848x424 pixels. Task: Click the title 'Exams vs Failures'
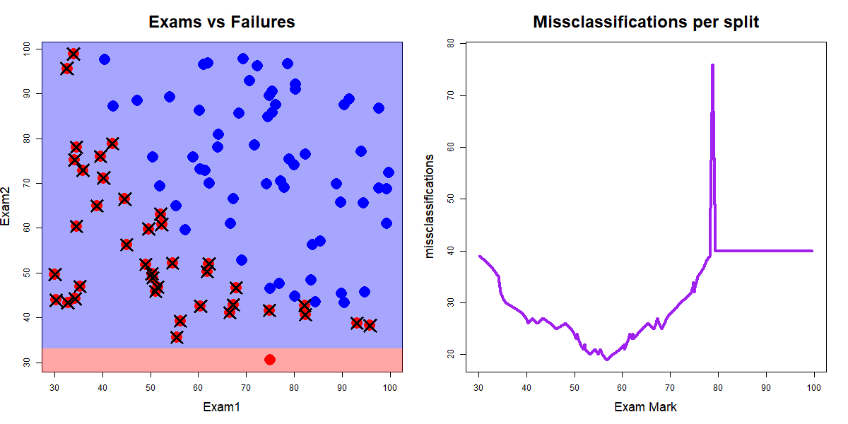click(x=221, y=22)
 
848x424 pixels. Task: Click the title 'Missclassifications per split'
click(x=646, y=22)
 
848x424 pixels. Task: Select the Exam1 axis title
click(x=221, y=407)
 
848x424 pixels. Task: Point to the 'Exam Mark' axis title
click(x=646, y=407)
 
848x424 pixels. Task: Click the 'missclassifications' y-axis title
click(x=430, y=206)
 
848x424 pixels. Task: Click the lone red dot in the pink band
click(x=269, y=360)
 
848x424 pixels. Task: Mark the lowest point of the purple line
click(x=606, y=360)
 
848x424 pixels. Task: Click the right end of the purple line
click(x=813, y=251)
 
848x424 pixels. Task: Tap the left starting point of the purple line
click(x=479, y=256)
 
